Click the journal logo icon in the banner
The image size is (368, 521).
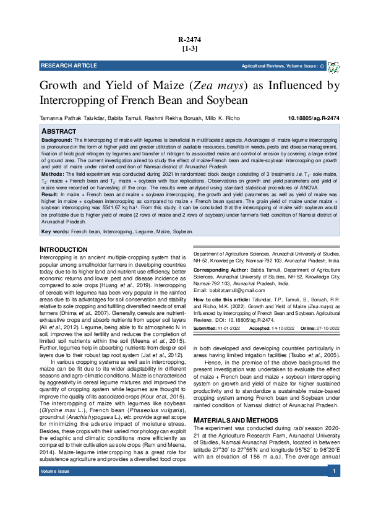[333, 66]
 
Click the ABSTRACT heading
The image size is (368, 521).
[59, 132]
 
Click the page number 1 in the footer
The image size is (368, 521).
[334, 506]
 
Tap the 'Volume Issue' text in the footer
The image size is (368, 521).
[55, 506]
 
